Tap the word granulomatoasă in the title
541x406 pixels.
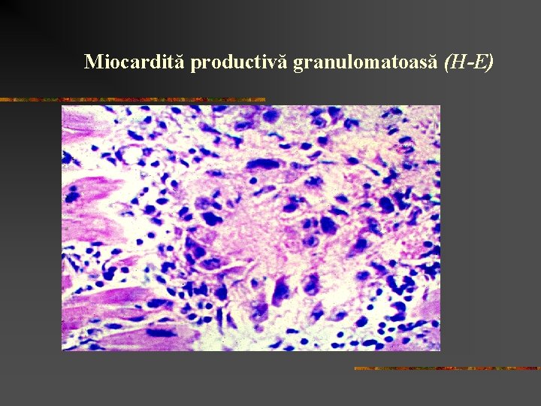tap(366, 62)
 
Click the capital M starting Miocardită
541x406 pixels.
tap(93, 62)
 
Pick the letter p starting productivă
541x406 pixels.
tap(195, 64)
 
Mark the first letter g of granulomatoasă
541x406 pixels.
tap(298, 64)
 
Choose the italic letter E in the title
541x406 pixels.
tap(480, 62)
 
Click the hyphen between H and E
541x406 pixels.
tap(470, 63)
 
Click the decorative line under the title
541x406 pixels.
tap(132, 99)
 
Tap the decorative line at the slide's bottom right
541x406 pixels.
tap(447, 368)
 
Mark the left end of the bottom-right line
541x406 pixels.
tap(356, 368)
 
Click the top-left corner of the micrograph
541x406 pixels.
tap(62, 106)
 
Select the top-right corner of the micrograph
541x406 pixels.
tap(440, 106)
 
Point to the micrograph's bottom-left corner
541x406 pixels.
tap(62, 350)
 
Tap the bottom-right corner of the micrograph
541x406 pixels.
tap(440, 350)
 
